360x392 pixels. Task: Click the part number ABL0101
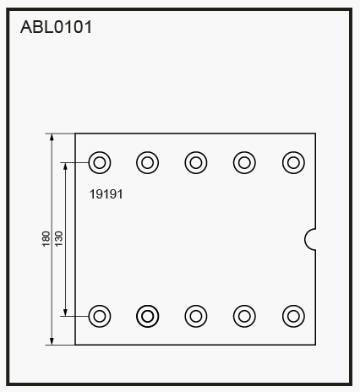[x=56, y=27]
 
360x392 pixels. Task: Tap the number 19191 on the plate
[x=106, y=194]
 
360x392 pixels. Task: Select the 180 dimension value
[x=46, y=239]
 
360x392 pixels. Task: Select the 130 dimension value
[x=58, y=239]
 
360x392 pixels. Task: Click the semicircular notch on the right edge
[x=305, y=239]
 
